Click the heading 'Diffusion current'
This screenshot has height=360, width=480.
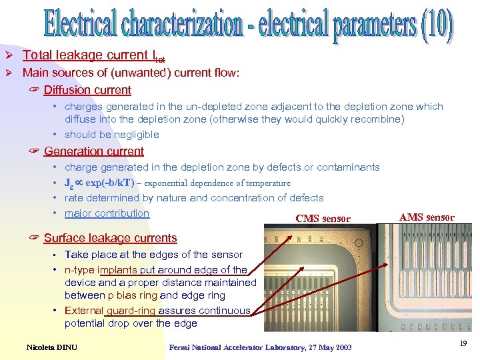point(87,90)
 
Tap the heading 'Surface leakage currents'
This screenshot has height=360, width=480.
point(110,238)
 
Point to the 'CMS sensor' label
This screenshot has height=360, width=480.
point(322,219)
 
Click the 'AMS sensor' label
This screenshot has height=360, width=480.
point(427,217)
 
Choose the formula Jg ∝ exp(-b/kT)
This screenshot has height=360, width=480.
point(99,183)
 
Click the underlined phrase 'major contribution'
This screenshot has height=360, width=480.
point(107,213)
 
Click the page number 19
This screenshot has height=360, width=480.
point(463,343)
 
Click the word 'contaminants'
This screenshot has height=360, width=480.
point(348,167)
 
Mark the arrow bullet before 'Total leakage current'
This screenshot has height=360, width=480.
point(11,55)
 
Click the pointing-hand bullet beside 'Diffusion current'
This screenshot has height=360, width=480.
point(35,91)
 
